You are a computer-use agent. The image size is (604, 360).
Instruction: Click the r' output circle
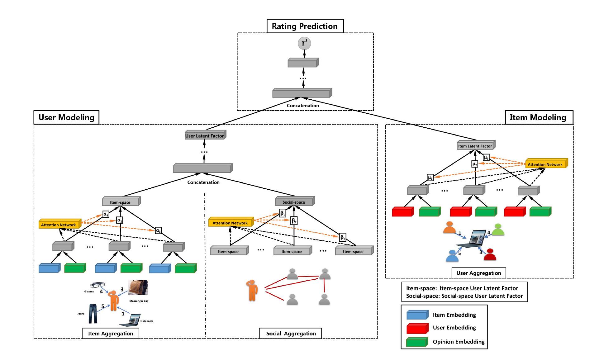tap(304, 43)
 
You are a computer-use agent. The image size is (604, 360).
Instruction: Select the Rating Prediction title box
tap(305, 26)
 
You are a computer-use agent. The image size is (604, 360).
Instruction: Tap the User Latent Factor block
tap(205, 135)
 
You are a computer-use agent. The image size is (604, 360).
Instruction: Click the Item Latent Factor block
tap(475, 146)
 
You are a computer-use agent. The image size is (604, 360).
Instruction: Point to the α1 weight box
tap(106, 215)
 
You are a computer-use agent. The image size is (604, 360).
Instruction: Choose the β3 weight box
tap(343, 237)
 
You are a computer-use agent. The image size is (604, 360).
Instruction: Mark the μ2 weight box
tap(474, 164)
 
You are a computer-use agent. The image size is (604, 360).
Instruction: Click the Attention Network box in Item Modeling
tap(545, 164)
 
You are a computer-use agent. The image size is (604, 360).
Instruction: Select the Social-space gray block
tap(294, 202)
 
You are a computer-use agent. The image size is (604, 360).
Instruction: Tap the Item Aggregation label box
tap(110, 333)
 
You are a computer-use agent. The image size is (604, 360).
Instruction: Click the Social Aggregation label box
tap(291, 333)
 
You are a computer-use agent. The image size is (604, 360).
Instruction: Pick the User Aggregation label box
tap(478, 273)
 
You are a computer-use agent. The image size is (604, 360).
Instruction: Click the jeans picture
tap(93, 314)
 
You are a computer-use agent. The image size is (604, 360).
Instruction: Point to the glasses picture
tap(97, 285)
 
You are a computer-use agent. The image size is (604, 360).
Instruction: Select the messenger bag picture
tap(138, 287)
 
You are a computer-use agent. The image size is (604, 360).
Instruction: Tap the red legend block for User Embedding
tap(417, 328)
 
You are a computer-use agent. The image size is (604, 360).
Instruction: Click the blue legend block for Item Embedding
tap(417, 315)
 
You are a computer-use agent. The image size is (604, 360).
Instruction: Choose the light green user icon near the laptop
tap(498, 230)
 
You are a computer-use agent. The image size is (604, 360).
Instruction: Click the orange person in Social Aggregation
tap(252, 290)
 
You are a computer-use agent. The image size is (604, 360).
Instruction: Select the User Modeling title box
tap(66, 117)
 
